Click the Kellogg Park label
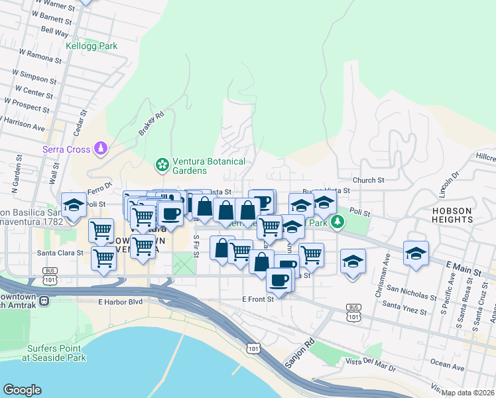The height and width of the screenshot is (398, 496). tap(91, 46)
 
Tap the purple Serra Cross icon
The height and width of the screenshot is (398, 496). tap(101, 147)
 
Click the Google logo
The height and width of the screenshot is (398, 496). tap(22, 389)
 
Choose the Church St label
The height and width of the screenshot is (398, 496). tap(369, 180)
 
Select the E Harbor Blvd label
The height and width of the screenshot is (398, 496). tap(120, 302)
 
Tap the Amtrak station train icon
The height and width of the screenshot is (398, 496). tap(44, 300)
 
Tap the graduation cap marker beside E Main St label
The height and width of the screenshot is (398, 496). tap(416, 253)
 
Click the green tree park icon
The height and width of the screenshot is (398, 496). tap(338, 221)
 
